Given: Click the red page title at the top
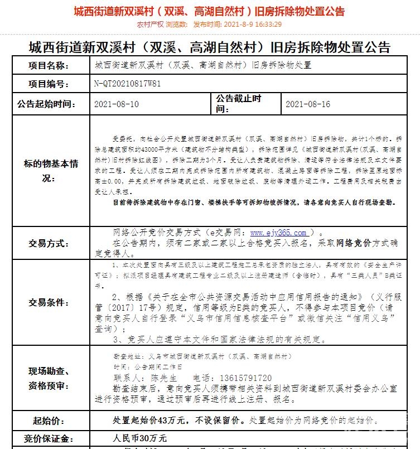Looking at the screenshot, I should (x=209, y=11).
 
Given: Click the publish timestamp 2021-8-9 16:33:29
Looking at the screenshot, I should (x=252, y=25).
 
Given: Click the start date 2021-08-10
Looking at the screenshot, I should (x=117, y=104).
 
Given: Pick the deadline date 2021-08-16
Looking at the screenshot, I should (x=308, y=104).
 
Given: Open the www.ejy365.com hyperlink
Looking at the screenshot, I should (x=278, y=233).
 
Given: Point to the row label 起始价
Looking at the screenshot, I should (x=49, y=420).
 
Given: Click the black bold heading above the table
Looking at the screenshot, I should (x=209, y=47).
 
